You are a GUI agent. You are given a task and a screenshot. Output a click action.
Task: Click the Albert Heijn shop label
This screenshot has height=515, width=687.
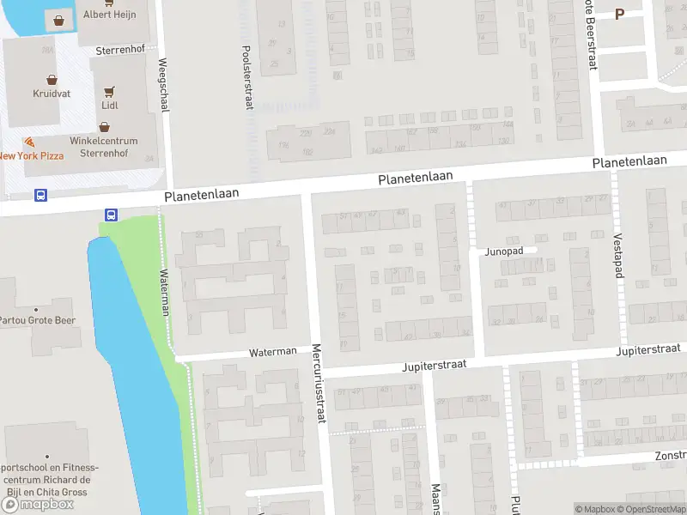[x=109, y=15]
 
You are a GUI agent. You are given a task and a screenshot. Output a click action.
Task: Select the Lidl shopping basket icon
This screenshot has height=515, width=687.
[x=109, y=89]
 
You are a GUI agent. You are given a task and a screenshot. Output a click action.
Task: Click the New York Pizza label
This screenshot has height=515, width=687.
[x=32, y=155]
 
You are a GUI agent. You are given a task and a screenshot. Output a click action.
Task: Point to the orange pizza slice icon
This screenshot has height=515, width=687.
[x=30, y=142]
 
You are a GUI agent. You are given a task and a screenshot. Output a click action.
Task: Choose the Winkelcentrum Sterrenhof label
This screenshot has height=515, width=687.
[x=103, y=147]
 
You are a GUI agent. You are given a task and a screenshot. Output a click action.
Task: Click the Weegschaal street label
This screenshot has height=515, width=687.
[x=164, y=85]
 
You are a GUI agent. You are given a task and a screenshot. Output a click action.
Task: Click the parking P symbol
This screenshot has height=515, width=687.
[x=620, y=14]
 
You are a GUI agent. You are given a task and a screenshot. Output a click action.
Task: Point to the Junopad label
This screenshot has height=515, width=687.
[x=504, y=251]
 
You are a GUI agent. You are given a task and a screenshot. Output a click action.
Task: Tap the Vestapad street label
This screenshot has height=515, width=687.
[x=617, y=255]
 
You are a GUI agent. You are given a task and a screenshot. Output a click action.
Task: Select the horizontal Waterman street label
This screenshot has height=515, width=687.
[x=272, y=352]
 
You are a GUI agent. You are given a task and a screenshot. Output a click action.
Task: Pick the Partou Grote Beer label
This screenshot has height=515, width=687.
[x=38, y=321]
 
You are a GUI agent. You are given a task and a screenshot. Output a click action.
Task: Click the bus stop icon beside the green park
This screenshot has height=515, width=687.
[x=111, y=215]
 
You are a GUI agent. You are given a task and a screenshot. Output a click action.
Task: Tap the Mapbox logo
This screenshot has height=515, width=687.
[x=38, y=505]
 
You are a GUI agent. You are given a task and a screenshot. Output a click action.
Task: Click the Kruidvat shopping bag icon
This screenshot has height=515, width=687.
[x=52, y=79]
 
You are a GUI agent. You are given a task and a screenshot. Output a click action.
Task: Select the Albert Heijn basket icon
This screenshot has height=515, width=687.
[x=58, y=20]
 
